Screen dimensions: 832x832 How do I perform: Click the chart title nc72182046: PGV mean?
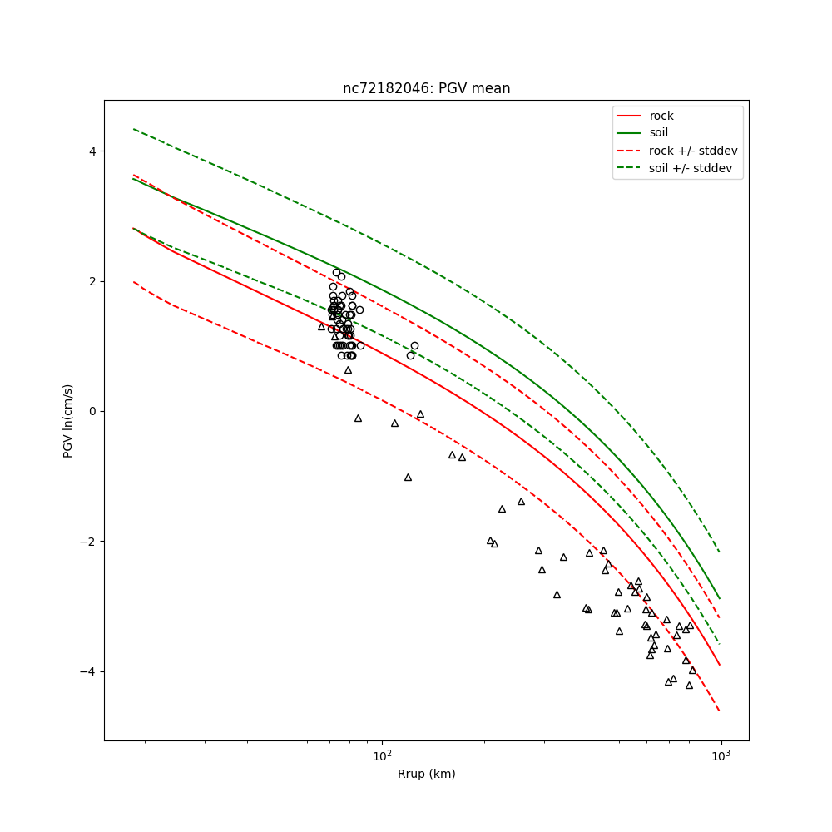pos(426,88)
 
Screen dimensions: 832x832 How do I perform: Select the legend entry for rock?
pos(661,116)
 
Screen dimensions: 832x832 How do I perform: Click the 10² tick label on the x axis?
pos(382,756)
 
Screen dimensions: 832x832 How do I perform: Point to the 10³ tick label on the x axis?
pos(721,756)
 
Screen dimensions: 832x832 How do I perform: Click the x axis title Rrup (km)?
pos(426,774)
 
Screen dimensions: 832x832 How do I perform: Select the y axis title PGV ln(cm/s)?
pos(68,420)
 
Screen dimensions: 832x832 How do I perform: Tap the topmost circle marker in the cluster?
pos(337,272)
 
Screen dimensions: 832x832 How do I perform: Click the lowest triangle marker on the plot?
pos(689,686)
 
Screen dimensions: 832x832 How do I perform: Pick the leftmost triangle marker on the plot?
pos(321,327)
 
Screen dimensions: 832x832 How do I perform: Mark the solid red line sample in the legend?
pos(629,116)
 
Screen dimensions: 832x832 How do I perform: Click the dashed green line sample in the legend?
pos(629,168)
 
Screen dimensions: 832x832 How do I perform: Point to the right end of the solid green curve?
pos(720,598)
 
